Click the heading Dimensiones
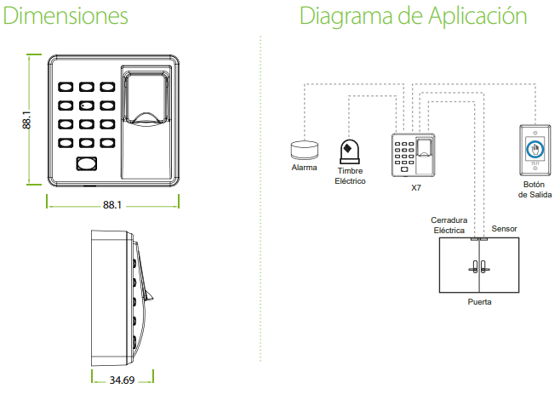(x=66, y=16)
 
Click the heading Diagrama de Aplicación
(x=413, y=17)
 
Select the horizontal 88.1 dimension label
(x=112, y=205)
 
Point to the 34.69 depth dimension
(x=122, y=380)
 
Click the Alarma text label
(x=304, y=168)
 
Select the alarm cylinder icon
(x=303, y=149)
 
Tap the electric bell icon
(x=348, y=152)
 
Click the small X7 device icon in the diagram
(x=414, y=154)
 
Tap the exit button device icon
(x=534, y=151)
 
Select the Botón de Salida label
(x=534, y=189)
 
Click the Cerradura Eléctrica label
(x=449, y=225)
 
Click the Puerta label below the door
(x=479, y=301)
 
